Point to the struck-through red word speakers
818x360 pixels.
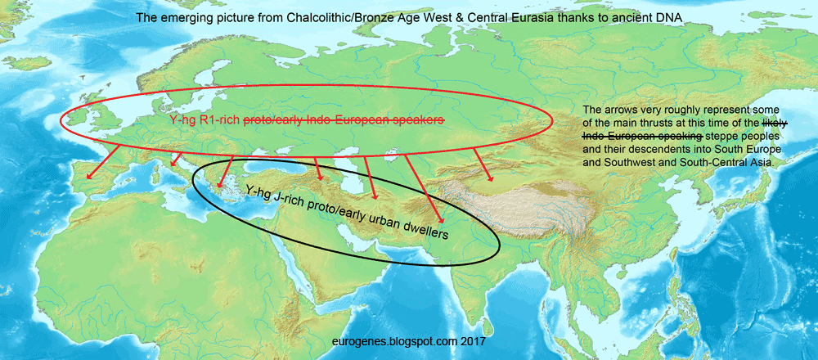418,120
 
